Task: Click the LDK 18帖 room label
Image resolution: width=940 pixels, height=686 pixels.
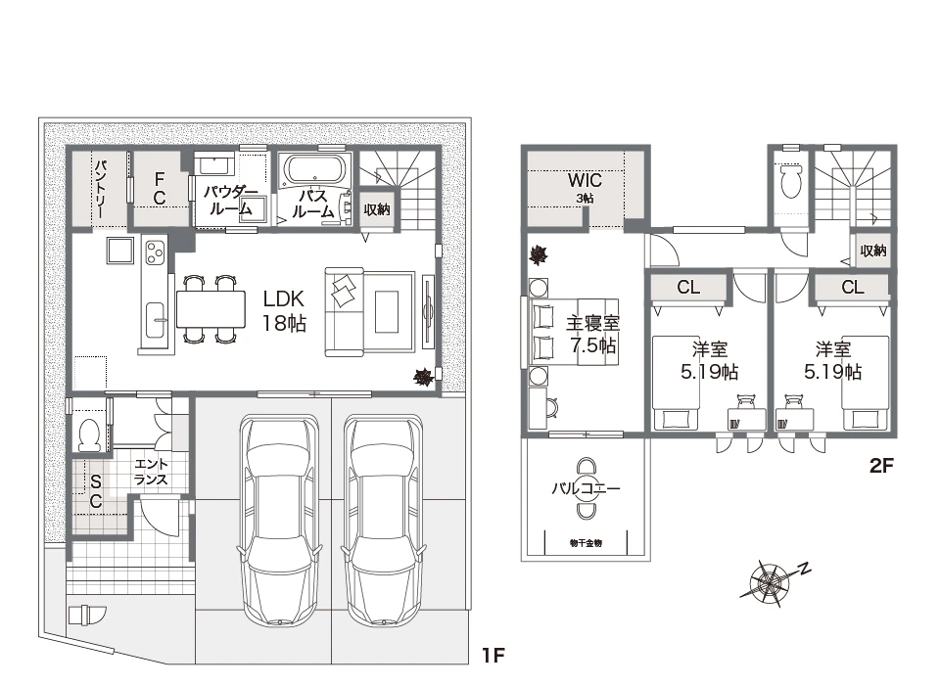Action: click(x=284, y=311)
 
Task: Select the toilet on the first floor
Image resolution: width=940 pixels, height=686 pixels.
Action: click(x=90, y=434)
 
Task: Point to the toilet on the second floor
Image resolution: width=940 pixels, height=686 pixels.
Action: click(x=791, y=180)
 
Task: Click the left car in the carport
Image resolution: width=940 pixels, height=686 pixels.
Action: click(x=279, y=521)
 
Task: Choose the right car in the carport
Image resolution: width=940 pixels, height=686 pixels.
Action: click(x=383, y=521)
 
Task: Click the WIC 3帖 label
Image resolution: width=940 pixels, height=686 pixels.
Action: click(x=585, y=186)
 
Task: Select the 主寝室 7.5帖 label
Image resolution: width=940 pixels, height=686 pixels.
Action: click(x=592, y=335)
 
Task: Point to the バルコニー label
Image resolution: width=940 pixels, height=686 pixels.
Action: click(x=586, y=489)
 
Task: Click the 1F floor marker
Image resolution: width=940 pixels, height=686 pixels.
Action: click(x=493, y=656)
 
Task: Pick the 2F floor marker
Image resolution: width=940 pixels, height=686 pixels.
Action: click(x=882, y=466)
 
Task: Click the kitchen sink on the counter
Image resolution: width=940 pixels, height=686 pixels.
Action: click(x=156, y=320)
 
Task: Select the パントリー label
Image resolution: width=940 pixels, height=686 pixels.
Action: click(x=101, y=188)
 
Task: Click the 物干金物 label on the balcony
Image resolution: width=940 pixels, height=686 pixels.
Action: click(x=586, y=543)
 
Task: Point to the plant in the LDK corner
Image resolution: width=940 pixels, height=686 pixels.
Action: click(x=424, y=377)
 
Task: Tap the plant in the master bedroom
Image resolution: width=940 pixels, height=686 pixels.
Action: click(x=539, y=255)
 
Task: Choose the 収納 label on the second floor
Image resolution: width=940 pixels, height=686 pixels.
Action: click(x=872, y=251)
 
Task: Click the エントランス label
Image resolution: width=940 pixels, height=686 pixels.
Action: click(x=151, y=472)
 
